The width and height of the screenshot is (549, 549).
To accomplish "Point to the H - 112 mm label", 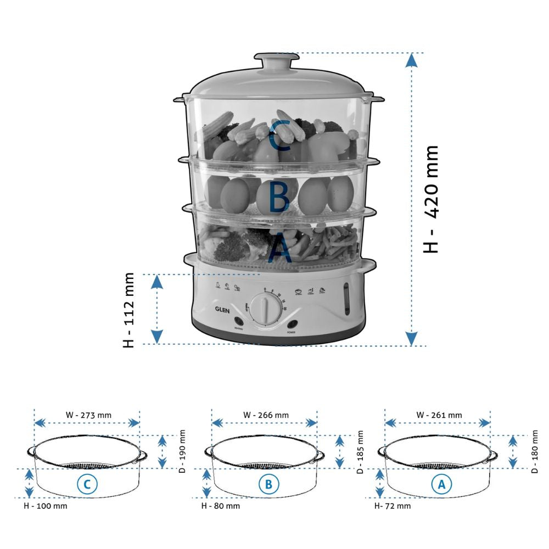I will point(128,310).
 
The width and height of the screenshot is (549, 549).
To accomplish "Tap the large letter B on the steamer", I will point(279,197).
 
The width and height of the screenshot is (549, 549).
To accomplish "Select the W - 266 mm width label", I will point(265,415).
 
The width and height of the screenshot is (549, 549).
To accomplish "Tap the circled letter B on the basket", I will point(268,484).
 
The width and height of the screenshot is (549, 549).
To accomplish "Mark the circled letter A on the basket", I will point(441,484).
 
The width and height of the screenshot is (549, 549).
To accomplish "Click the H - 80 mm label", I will point(220,506).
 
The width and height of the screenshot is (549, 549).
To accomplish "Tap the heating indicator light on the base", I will point(239,322).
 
